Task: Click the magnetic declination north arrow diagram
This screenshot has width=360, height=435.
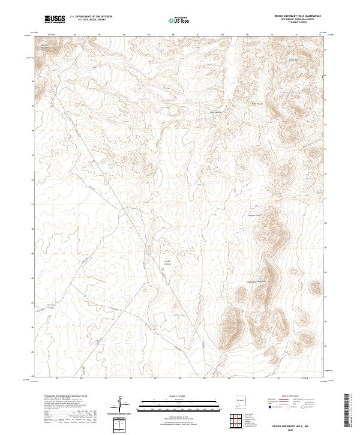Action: pyautogui.click(x=125, y=404)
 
